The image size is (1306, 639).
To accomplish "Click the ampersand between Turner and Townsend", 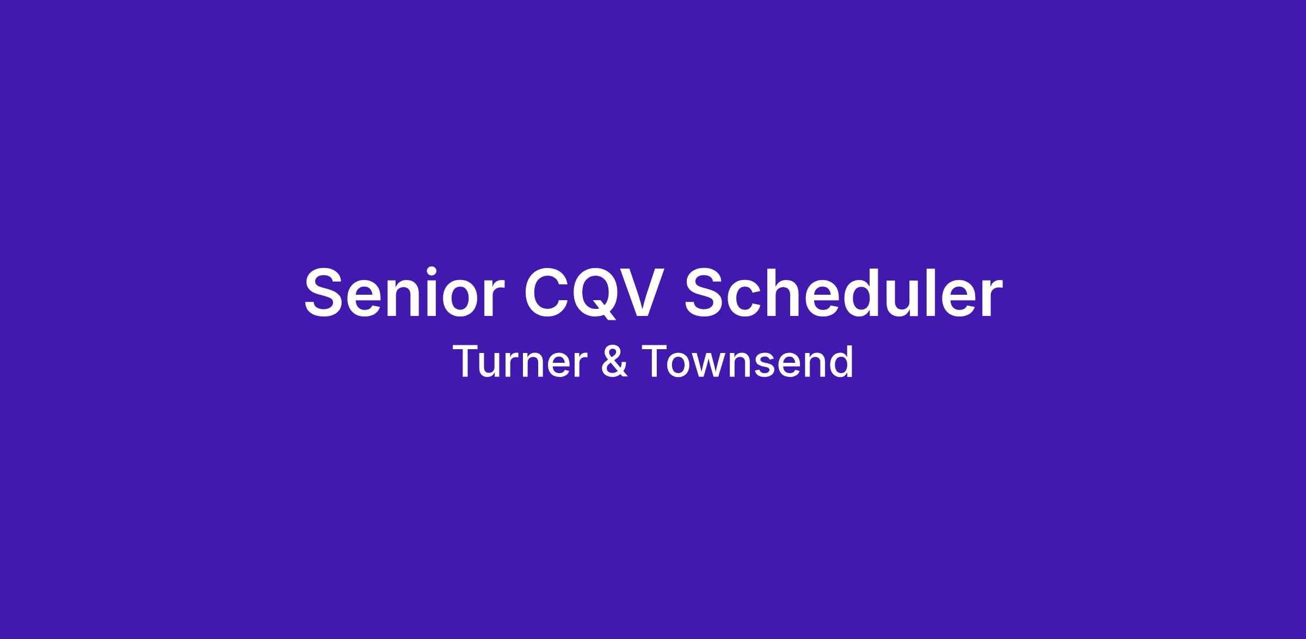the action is coord(615,362).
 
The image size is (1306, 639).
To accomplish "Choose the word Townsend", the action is coord(748,362).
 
